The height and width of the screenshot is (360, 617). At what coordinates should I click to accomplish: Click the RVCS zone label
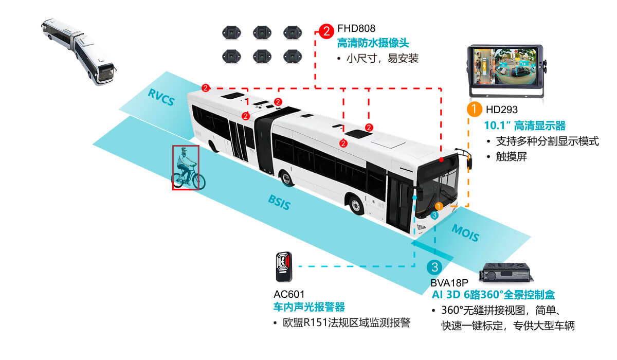pos(160,97)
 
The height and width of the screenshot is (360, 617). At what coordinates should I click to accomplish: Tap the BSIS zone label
pos(279,203)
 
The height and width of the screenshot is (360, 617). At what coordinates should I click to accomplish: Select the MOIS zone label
pos(465,233)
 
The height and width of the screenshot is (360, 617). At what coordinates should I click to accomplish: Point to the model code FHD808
pos(356,28)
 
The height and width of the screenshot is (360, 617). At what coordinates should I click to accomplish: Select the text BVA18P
pos(449,283)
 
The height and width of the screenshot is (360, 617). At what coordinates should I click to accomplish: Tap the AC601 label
pos(289,294)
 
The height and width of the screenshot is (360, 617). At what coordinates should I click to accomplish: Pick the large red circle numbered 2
pos(326,31)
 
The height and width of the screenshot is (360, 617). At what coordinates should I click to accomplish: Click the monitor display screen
pos(504,70)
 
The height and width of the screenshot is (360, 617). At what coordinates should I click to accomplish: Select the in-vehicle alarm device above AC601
pos(282,266)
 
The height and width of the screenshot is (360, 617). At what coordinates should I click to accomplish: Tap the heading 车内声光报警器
pos(308,308)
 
